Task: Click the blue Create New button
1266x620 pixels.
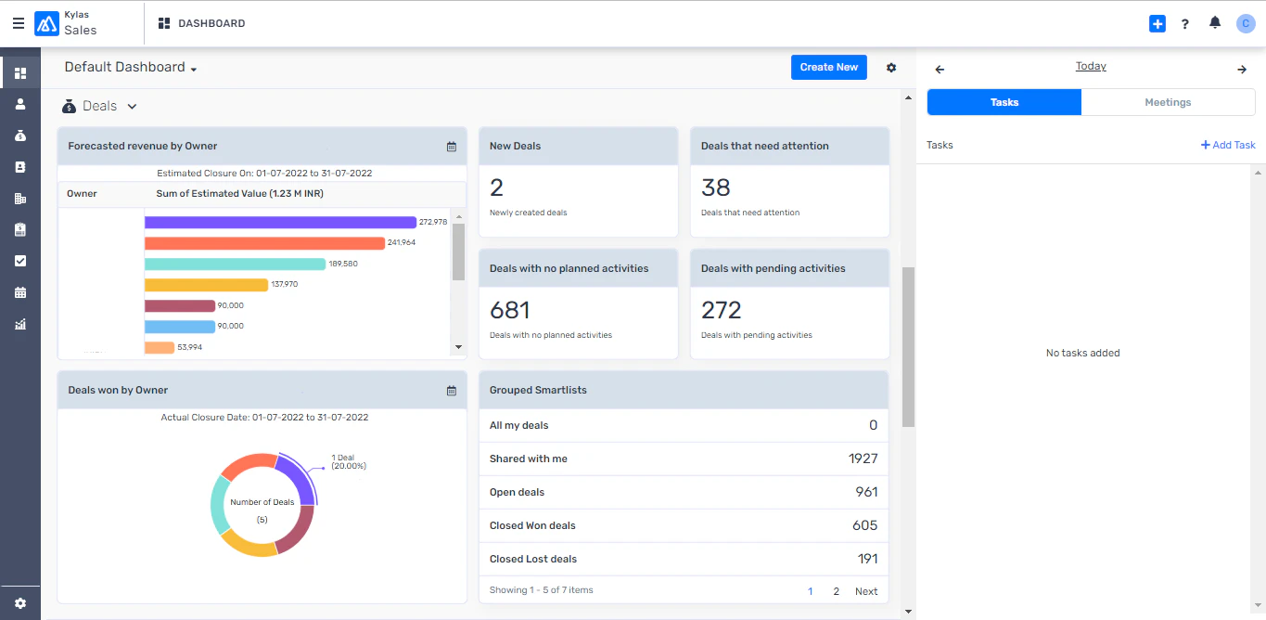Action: [x=828, y=67]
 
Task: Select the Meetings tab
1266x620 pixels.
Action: [x=1168, y=102]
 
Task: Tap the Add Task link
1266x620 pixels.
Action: [x=1228, y=145]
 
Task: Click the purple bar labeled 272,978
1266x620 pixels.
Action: [x=280, y=222]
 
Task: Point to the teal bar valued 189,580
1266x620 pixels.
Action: [x=235, y=264]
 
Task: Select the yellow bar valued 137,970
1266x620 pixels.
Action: [x=206, y=285]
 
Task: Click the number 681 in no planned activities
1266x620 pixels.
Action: [x=510, y=310]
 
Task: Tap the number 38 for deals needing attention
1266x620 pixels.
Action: [x=716, y=187]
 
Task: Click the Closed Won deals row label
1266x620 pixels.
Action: [x=532, y=525]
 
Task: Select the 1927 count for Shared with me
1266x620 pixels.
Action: [x=863, y=459]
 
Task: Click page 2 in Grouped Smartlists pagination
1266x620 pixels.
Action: [x=836, y=591]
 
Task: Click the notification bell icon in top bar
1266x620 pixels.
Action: [x=1215, y=23]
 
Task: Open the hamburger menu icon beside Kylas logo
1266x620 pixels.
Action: [x=19, y=24]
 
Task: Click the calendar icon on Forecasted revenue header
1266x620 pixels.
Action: [x=452, y=147]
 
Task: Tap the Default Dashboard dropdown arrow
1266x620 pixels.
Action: [x=194, y=69]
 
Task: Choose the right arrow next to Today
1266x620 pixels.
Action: [x=1242, y=70]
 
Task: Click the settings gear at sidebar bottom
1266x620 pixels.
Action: [x=20, y=603]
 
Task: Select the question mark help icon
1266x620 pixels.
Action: [x=1185, y=24]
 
